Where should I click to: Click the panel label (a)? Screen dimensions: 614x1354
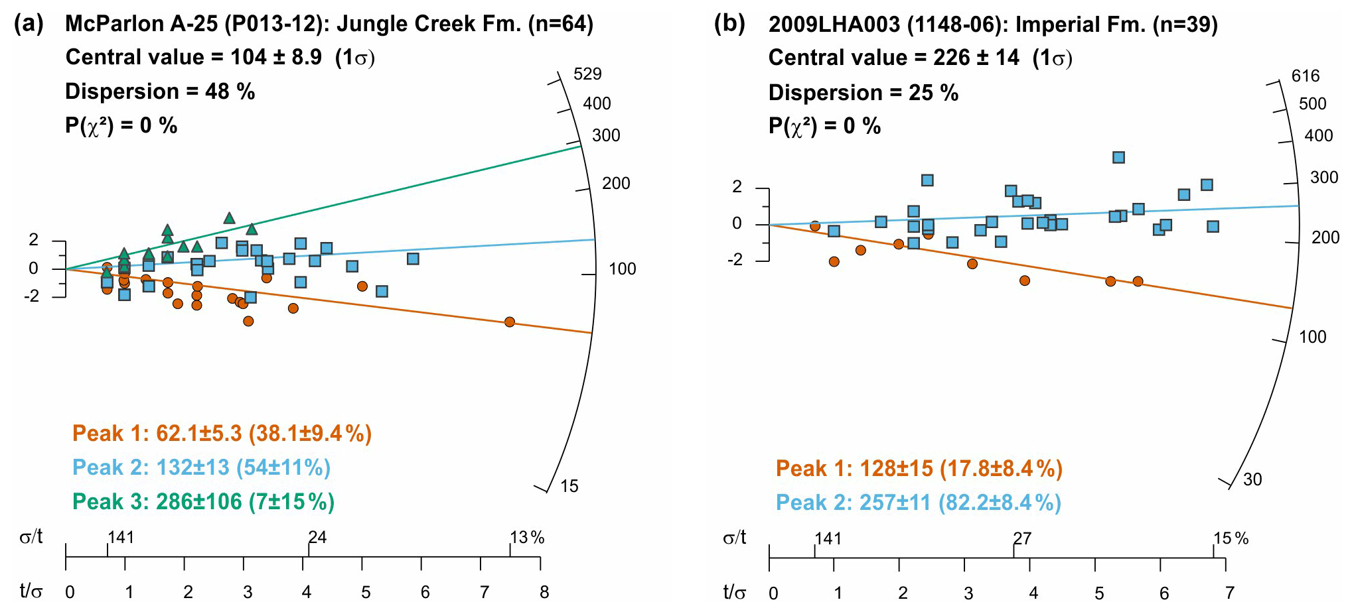[29, 25]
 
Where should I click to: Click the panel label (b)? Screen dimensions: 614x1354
[729, 25]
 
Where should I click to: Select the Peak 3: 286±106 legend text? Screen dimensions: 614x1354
[203, 502]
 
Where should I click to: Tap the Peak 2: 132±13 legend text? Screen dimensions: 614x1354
[201, 468]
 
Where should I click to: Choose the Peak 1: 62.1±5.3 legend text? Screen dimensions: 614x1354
[222, 434]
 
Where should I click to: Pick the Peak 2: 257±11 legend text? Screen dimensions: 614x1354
[918, 503]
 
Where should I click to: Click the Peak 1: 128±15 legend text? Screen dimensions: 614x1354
[919, 469]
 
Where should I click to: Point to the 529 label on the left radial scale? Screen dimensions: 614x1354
[587, 74]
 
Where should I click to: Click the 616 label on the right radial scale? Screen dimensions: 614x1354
[1305, 76]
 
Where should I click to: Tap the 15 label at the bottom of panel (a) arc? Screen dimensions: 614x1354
[569, 487]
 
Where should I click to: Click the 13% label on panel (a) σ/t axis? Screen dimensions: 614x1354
[527, 538]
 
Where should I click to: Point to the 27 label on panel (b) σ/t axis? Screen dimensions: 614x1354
[1022, 538]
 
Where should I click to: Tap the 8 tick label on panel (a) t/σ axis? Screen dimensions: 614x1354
[544, 593]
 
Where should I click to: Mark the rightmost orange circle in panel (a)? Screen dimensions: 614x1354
[509, 322]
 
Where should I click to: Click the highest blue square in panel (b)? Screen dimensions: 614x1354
[1118, 158]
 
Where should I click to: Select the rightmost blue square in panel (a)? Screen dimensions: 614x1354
[413, 259]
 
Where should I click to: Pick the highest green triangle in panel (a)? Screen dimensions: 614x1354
[229, 218]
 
